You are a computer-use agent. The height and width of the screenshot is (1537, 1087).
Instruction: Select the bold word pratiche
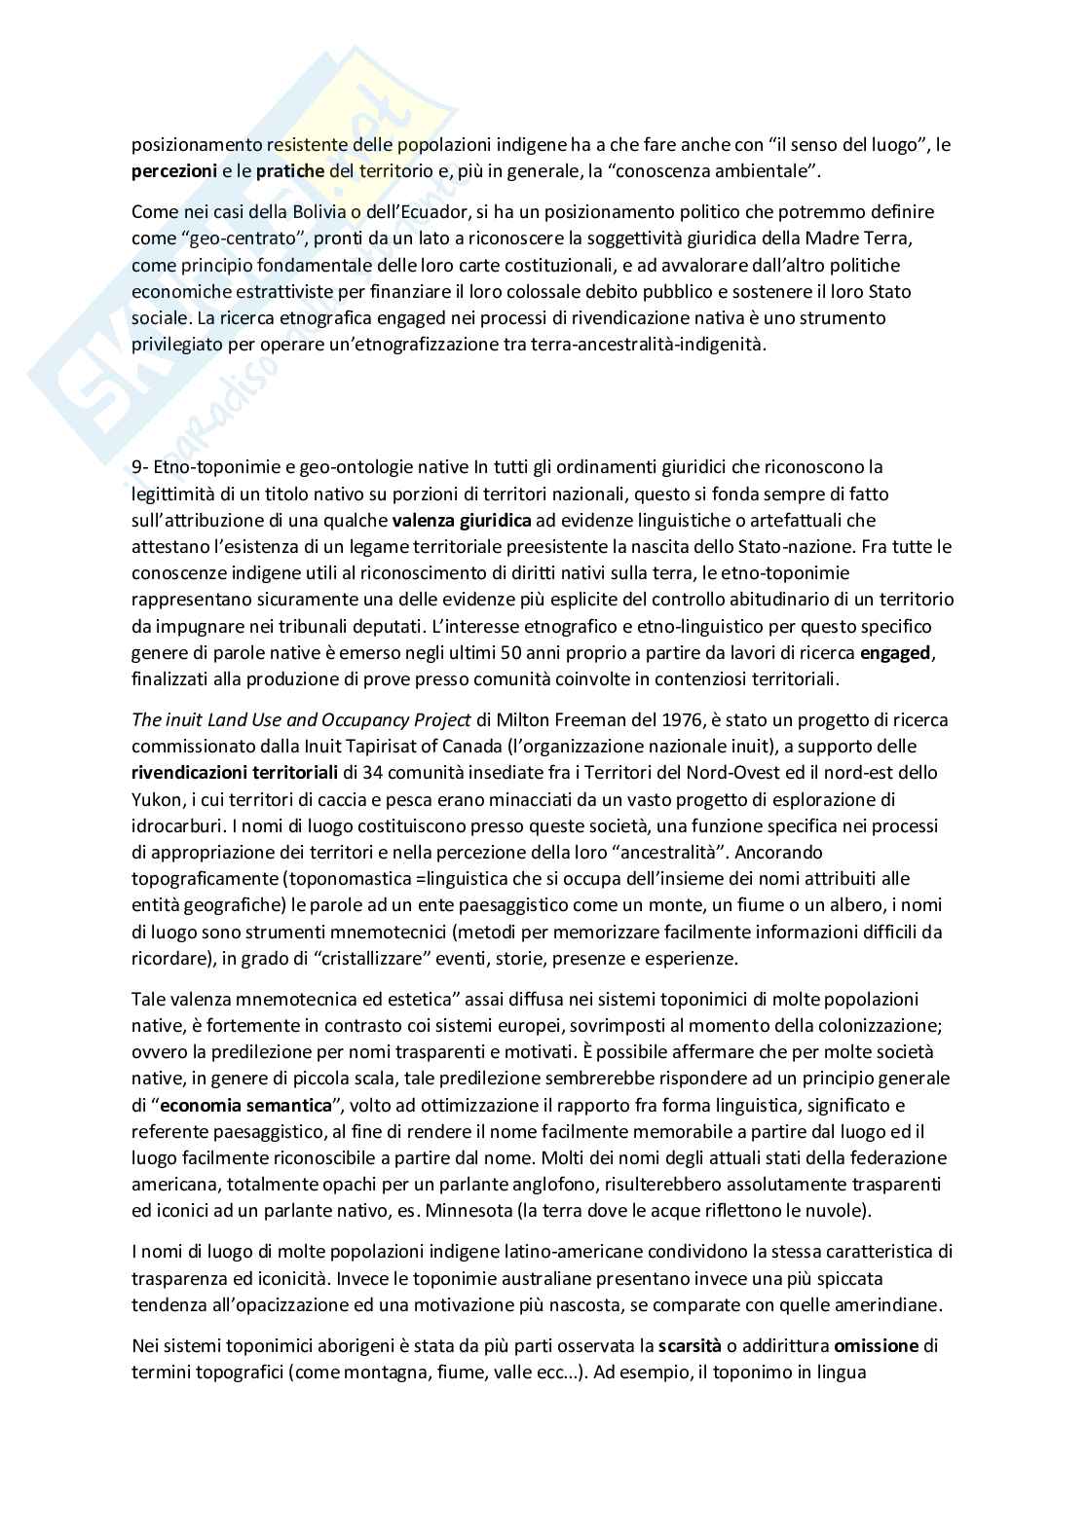(289, 172)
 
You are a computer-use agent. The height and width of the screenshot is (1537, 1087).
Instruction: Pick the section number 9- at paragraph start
(140, 468)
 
